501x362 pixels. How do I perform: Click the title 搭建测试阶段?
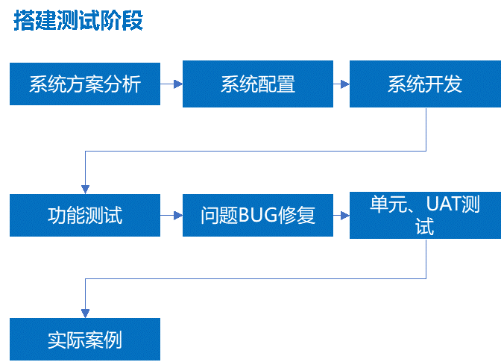pos(78,20)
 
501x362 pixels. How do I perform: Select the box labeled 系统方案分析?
pos(85,84)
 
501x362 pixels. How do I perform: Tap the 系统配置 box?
pos(257,84)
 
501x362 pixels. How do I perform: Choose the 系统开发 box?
pos(424,84)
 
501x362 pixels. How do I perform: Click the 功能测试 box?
pos(85,215)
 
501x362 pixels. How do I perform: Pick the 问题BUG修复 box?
pos(257,215)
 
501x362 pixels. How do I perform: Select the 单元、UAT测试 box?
pos(424,215)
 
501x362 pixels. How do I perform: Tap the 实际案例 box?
pos(85,340)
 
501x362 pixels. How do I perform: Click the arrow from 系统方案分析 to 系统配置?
pos(171,84)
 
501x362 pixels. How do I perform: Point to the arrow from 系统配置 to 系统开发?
pos(341,84)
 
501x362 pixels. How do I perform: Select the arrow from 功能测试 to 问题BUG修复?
pos(171,215)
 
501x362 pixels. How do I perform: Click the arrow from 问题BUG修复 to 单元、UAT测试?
pos(341,215)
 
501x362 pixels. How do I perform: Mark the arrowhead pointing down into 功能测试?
pos(86,189)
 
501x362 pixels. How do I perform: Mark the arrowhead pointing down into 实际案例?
pos(86,313)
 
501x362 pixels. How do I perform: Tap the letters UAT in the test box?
pos(443,204)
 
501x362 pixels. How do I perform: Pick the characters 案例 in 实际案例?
pos(104,340)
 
